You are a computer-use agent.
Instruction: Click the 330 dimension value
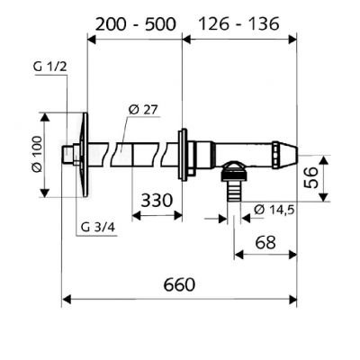point(157,200)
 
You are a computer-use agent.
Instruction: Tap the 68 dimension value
point(265,241)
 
